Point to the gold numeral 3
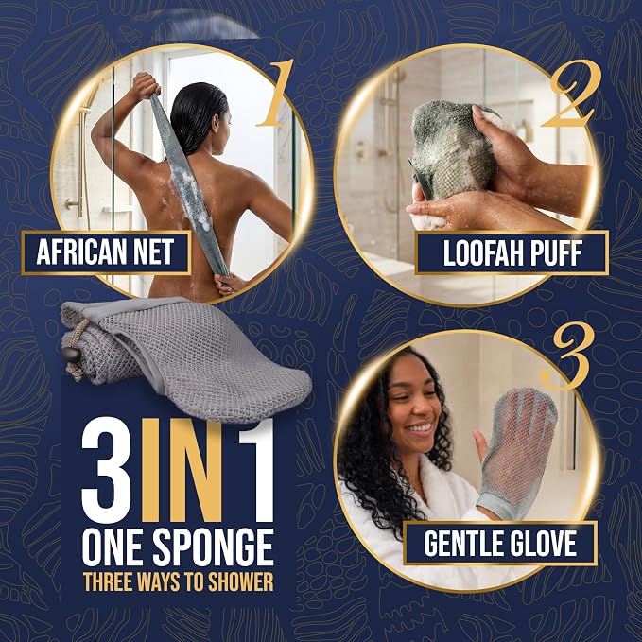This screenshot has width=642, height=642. coord(569,356)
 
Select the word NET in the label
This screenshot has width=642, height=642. coord(155,252)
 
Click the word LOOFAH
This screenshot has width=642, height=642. coord(481,253)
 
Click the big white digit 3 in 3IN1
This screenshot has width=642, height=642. coord(107,469)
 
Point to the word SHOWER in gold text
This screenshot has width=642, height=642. coord(241,581)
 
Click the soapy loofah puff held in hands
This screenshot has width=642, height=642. coord(450,150)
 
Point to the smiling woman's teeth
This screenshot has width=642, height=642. coord(420,428)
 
